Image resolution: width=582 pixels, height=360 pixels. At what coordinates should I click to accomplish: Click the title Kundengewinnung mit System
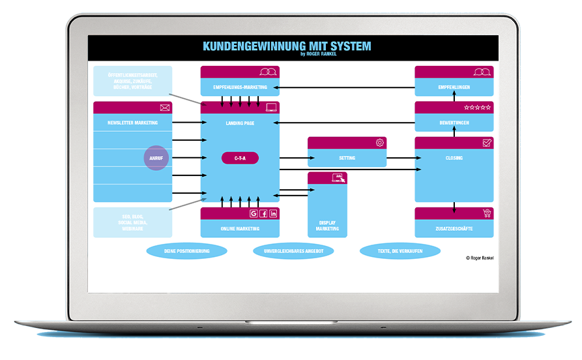[x=287, y=46]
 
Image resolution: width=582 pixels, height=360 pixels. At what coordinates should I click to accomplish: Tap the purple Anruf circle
[x=156, y=158]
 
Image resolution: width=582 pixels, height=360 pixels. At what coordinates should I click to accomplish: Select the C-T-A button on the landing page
[x=240, y=158]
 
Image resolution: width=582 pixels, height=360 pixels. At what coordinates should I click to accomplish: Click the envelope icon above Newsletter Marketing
[x=164, y=108]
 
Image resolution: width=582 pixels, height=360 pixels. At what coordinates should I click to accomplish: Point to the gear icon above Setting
[x=380, y=143]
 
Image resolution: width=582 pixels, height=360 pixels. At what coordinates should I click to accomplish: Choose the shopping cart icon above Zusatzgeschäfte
[x=486, y=213]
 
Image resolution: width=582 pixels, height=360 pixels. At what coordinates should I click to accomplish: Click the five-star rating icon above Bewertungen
[x=477, y=108]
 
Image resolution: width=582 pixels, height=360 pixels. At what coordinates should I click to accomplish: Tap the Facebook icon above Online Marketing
[x=263, y=213]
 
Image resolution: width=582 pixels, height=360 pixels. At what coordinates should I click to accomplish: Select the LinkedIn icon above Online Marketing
[x=273, y=213]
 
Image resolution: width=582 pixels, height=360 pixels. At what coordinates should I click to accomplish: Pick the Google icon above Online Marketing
[x=254, y=213]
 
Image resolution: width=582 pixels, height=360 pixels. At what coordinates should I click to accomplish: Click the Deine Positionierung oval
[x=186, y=251]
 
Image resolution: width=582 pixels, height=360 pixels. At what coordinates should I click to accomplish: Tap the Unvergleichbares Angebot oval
[x=293, y=251]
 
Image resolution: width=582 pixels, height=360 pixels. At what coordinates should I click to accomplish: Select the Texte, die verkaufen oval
[x=400, y=251]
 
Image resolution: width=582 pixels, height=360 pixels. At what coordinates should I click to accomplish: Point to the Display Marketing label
[x=327, y=225]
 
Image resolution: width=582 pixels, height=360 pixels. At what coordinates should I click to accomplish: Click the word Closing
[x=454, y=158]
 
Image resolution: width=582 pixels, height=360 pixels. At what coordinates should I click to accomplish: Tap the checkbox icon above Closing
[x=487, y=143]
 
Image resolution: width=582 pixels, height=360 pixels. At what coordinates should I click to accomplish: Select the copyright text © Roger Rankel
[x=480, y=258]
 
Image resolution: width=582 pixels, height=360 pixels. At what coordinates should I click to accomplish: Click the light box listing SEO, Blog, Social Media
[x=132, y=222]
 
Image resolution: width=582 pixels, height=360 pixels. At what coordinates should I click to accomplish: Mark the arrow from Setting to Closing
[x=400, y=158]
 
